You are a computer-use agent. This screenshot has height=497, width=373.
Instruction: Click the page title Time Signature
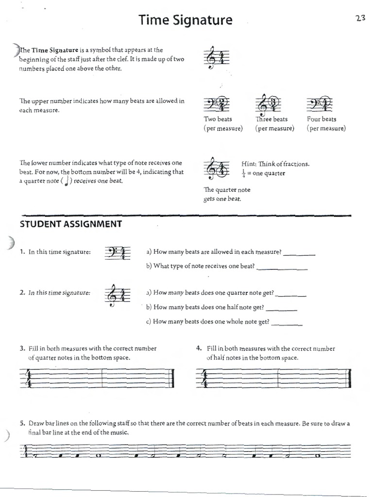click(186, 20)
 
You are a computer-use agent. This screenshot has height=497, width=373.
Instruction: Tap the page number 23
click(360, 18)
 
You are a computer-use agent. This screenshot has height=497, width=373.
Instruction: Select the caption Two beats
click(218, 119)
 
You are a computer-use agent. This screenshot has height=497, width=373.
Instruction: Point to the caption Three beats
click(271, 119)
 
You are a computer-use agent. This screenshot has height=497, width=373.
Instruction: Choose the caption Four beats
click(322, 119)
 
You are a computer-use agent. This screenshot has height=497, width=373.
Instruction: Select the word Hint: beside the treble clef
click(249, 164)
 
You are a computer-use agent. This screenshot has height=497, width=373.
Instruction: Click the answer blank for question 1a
click(299, 254)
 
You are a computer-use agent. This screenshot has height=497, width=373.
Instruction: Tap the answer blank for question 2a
click(290, 295)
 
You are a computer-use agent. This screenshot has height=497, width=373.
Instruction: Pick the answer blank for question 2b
click(282, 309)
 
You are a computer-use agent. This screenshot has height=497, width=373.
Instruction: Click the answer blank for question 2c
click(287, 323)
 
